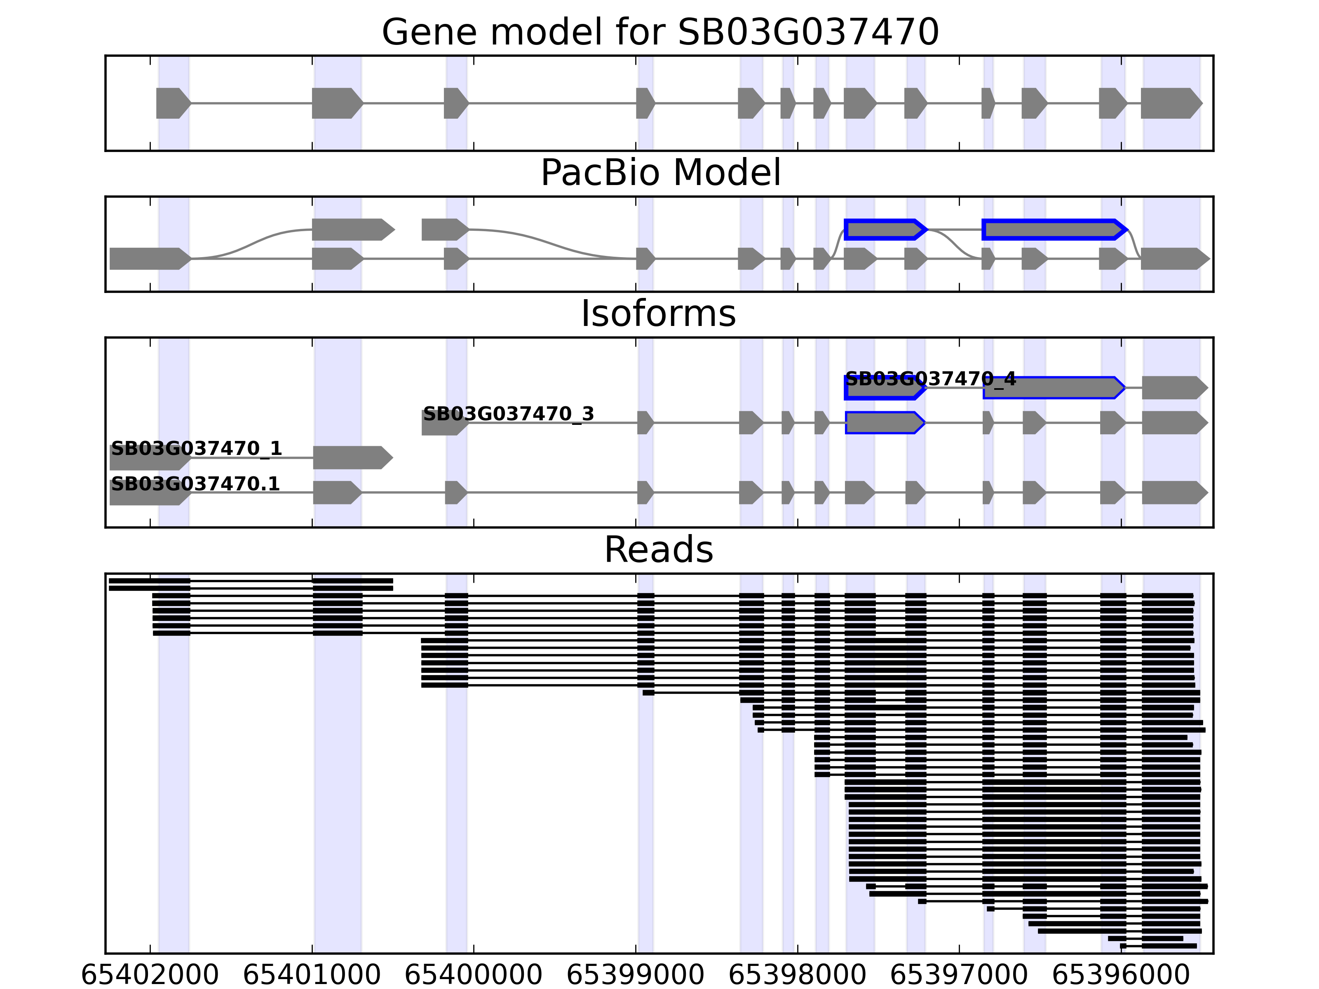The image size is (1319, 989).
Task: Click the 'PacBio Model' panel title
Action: (x=659, y=173)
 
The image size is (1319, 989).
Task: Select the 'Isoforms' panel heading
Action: (x=658, y=314)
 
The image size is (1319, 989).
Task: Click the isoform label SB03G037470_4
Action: (x=930, y=379)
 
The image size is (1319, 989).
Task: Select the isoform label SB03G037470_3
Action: (x=508, y=414)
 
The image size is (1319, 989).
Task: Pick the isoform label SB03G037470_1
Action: (x=196, y=448)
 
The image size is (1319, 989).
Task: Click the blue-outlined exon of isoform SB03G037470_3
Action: (x=884, y=423)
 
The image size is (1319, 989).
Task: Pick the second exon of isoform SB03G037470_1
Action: (x=352, y=457)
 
